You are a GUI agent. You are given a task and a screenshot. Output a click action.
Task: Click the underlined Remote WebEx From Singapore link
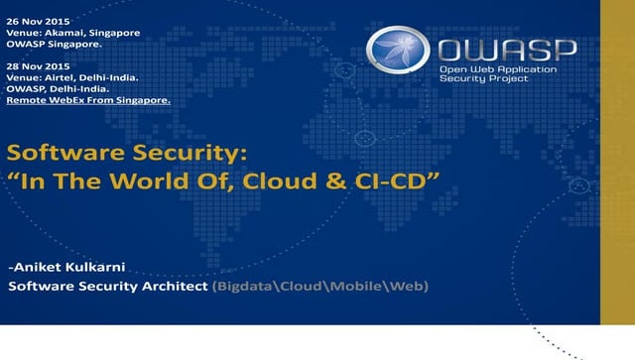pyautogui.click(x=87, y=100)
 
